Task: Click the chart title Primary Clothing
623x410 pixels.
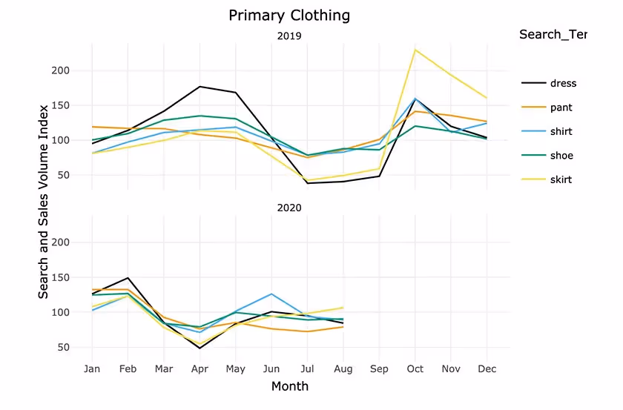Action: pyautogui.click(x=289, y=16)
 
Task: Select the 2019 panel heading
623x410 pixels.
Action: pyautogui.click(x=289, y=36)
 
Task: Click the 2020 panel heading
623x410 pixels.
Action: pyautogui.click(x=289, y=208)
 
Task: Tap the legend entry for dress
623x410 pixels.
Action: pyautogui.click(x=562, y=83)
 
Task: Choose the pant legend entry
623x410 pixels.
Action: pyautogui.click(x=561, y=108)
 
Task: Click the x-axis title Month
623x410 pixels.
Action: pyautogui.click(x=289, y=386)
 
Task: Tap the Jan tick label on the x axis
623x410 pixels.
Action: pyautogui.click(x=92, y=368)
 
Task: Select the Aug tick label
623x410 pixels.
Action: pyautogui.click(x=343, y=368)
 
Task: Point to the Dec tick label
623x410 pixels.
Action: pyautogui.click(x=487, y=368)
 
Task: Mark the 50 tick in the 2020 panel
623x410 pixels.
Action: pyautogui.click(x=63, y=347)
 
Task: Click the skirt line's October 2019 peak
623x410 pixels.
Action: pyautogui.click(x=415, y=50)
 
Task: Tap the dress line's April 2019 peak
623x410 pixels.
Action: pyautogui.click(x=200, y=87)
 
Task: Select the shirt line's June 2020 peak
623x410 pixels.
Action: pyautogui.click(x=271, y=294)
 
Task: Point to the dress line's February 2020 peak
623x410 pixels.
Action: pyautogui.click(x=128, y=278)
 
